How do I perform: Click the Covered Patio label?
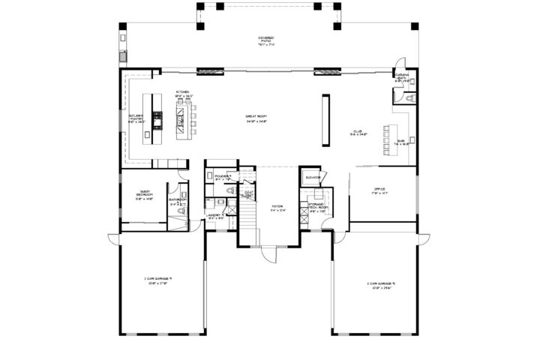coord(266,40)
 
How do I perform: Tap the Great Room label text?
coord(257,118)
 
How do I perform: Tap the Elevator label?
coord(313,178)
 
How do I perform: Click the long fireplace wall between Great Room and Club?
coord(325,119)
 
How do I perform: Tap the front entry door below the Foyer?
coord(266,254)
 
